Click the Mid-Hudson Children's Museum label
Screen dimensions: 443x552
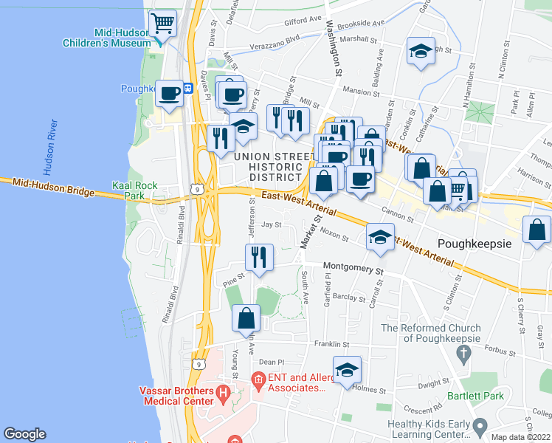[122, 38]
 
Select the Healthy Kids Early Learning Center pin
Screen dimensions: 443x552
[481, 426]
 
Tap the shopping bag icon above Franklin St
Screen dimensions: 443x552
[246, 318]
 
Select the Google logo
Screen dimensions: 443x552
[24, 434]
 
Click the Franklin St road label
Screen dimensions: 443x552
[331, 344]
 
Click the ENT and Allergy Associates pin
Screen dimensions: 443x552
[258, 381]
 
